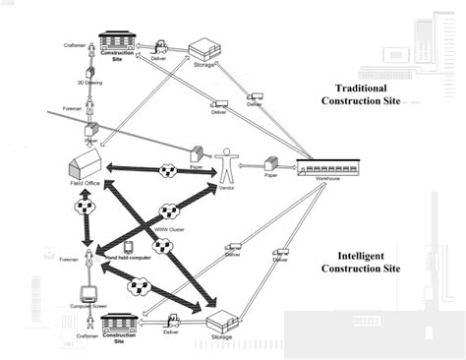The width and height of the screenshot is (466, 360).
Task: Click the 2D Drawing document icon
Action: pyautogui.click(x=89, y=72)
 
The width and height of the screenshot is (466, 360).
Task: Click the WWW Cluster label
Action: pyautogui.click(x=169, y=230)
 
